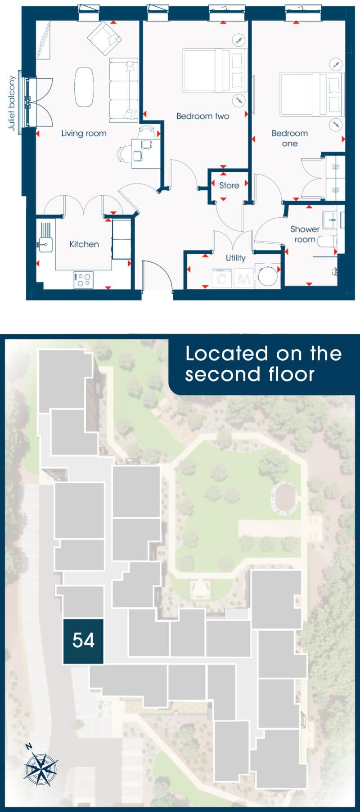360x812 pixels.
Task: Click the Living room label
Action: [x=84, y=133]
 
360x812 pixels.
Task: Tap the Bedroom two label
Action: [x=202, y=116]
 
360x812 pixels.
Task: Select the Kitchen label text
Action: [x=84, y=244]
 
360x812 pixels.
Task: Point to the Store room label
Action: [x=229, y=185]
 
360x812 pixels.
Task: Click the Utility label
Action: [x=235, y=258]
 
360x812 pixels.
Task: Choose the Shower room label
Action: [x=305, y=234]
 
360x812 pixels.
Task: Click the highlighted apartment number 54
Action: [x=83, y=641]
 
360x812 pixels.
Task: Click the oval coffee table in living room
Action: [x=84, y=87]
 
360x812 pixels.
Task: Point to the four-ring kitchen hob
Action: [x=83, y=280]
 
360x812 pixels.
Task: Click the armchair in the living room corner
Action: [x=104, y=38]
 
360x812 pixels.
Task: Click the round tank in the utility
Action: [x=267, y=275]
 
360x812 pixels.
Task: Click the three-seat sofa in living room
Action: [x=124, y=90]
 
